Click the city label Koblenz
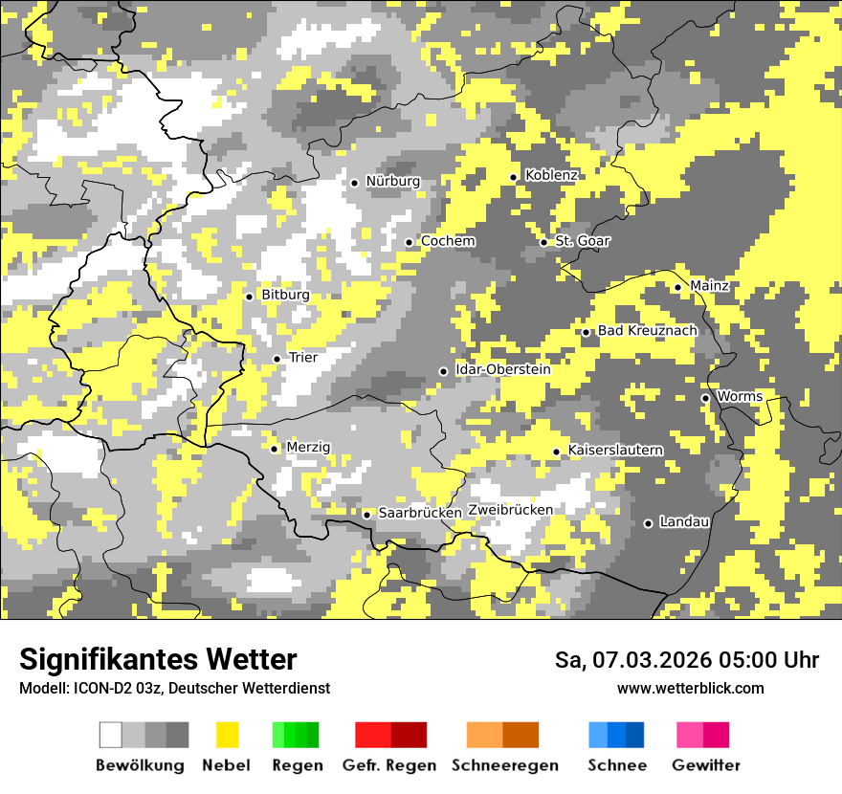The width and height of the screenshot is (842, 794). coord(551,176)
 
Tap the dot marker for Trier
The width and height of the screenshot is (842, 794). coord(277,359)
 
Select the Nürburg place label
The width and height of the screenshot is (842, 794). coord(392,182)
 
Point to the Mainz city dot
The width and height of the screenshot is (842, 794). coord(677,287)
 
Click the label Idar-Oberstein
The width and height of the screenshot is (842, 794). coord(503,370)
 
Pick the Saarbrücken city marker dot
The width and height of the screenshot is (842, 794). coord(366,515)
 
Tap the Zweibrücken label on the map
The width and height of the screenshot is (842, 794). coord(510,510)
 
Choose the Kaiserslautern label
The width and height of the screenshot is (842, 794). coord(615,451)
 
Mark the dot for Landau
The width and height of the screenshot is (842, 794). coord(648,523)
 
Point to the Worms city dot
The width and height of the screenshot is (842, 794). coord(705,398)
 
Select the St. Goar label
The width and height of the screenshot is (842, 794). coord(582,241)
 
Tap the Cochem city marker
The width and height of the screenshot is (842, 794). coord(409,242)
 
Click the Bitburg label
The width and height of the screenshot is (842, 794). coord(285,296)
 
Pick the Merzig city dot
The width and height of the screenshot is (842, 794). coord(274,449)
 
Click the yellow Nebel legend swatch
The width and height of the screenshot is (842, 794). coord(227,735)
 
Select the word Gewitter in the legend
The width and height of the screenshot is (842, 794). coord(705,765)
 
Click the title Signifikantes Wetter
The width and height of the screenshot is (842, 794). coord(158,660)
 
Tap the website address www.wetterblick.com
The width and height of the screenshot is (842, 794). coord(690,688)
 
